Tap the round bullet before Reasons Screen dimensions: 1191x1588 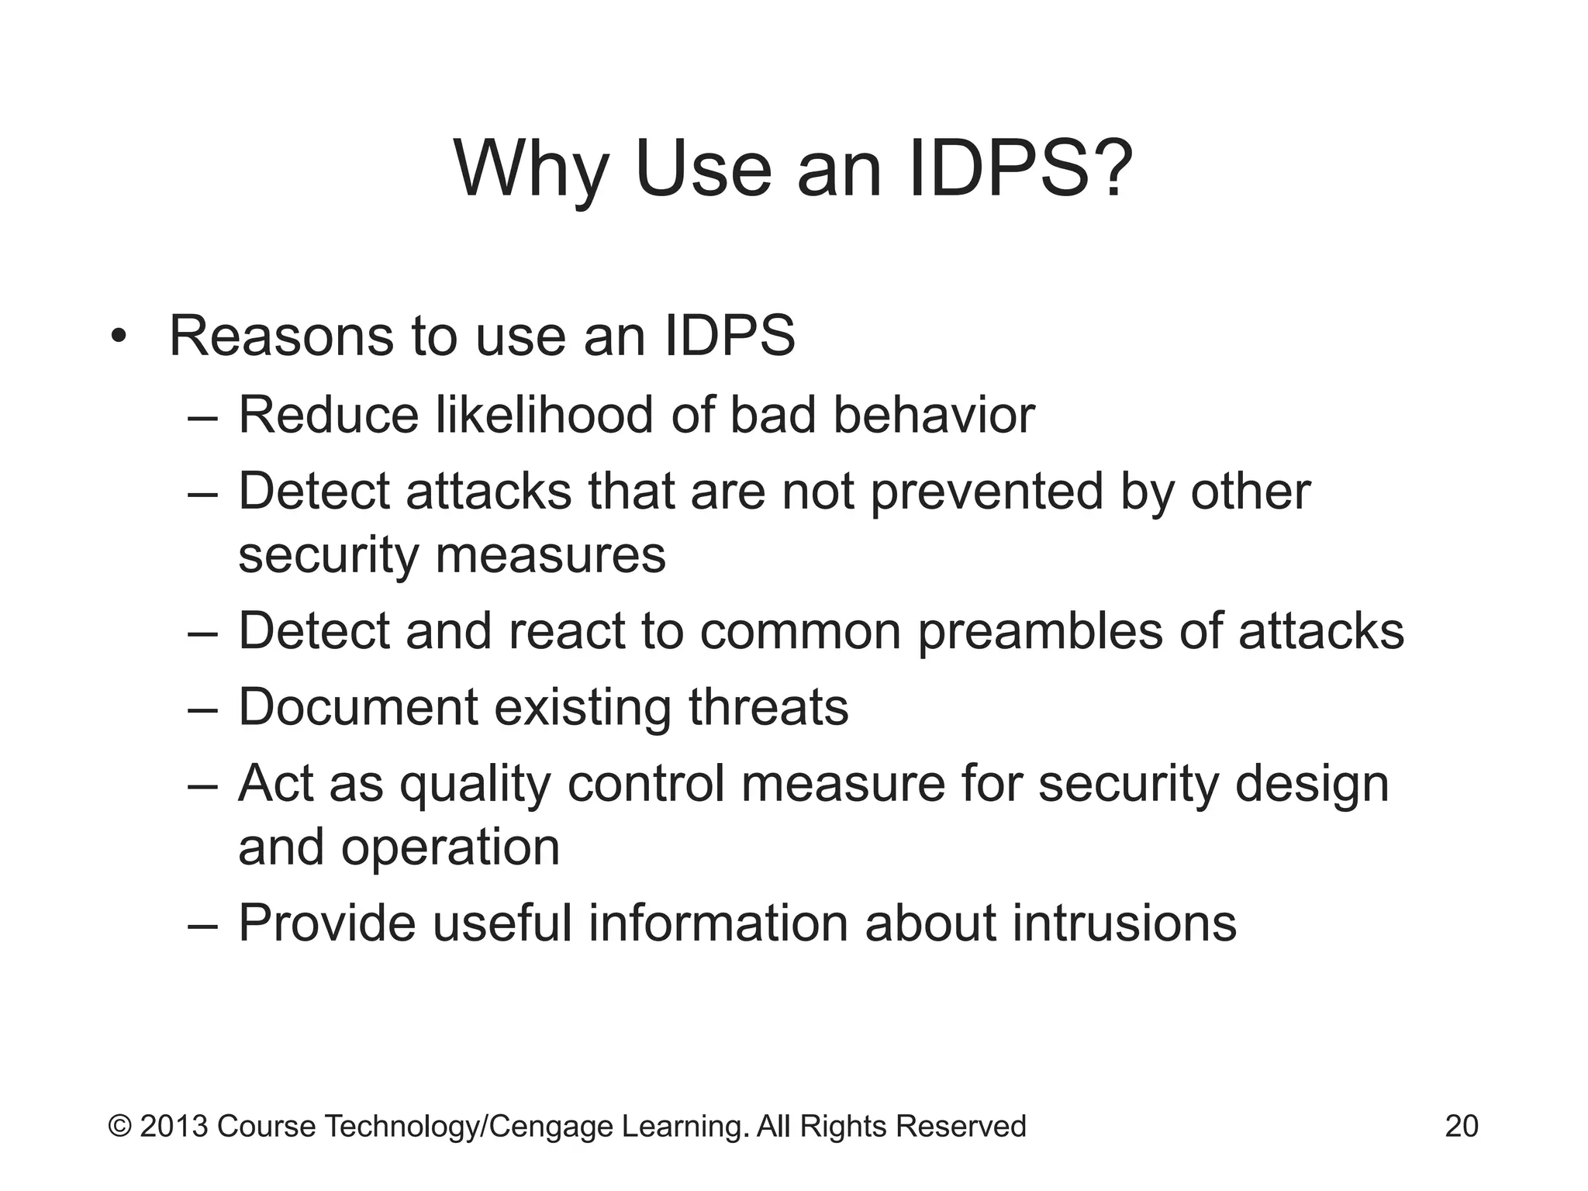pyautogui.click(x=118, y=337)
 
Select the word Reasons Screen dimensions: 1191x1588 pyautogui.click(x=281, y=337)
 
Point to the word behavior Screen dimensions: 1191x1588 pyautogui.click(x=934, y=414)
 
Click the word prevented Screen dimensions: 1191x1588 pyautogui.click(x=986, y=493)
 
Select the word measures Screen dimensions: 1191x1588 pyautogui.click(x=550, y=555)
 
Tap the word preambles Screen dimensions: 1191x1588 pyautogui.click(x=1040, y=631)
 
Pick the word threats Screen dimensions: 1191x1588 pyautogui.click(x=768, y=707)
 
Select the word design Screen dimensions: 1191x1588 pyautogui.click(x=1311, y=785)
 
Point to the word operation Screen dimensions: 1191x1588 pyautogui.click(x=451, y=847)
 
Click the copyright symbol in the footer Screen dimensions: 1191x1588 pyautogui.click(x=119, y=1126)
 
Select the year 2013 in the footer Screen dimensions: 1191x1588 pyautogui.click(x=174, y=1126)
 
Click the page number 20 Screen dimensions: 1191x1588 pyautogui.click(x=1461, y=1126)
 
